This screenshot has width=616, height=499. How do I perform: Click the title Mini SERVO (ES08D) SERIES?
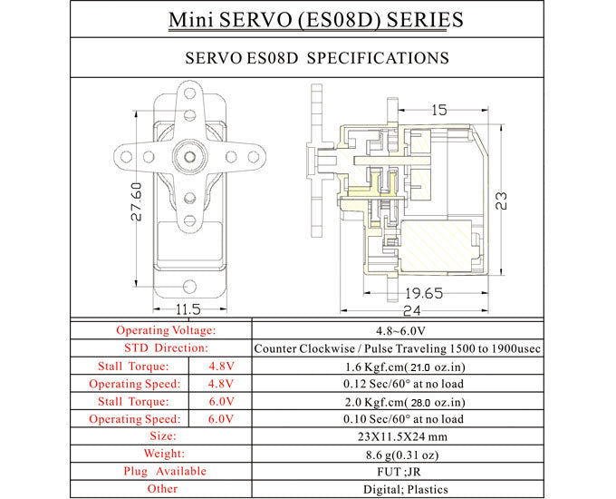[308, 19]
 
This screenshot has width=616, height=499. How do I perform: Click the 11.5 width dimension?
[188, 309]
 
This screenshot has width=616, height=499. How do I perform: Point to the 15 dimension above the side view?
[438, 110]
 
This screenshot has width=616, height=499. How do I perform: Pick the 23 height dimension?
[500, 198]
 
